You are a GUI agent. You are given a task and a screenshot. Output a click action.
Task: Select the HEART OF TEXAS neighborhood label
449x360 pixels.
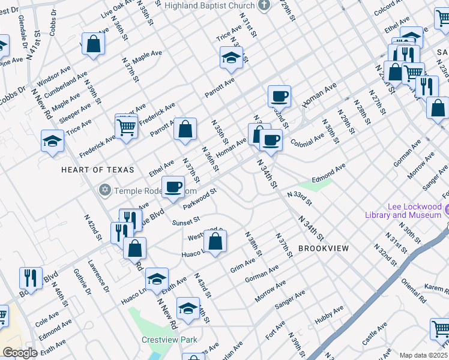[x=97, y=170]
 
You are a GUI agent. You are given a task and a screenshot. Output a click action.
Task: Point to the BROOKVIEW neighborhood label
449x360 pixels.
[x=323, y=248]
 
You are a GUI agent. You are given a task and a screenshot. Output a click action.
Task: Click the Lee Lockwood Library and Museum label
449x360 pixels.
[x=403, y=211]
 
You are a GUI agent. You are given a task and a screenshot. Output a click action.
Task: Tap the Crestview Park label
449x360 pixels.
[x=169, y=340]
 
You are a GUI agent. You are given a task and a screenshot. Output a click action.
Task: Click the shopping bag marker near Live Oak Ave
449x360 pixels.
[x=94, y=44]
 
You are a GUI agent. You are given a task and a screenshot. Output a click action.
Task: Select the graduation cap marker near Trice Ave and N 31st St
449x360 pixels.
[x=231, y=58]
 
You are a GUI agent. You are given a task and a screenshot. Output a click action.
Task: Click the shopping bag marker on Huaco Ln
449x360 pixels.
[x=215, y=242]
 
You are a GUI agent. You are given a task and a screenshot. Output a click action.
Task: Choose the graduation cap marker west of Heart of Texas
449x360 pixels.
[x=52, y=141]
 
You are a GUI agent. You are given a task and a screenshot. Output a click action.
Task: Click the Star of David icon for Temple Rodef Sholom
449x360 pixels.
[x=105, y=190]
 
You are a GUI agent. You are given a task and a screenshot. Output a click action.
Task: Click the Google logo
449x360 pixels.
[x=20, y=352]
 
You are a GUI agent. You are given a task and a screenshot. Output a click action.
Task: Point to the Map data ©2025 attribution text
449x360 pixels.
[x=424, y=355]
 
